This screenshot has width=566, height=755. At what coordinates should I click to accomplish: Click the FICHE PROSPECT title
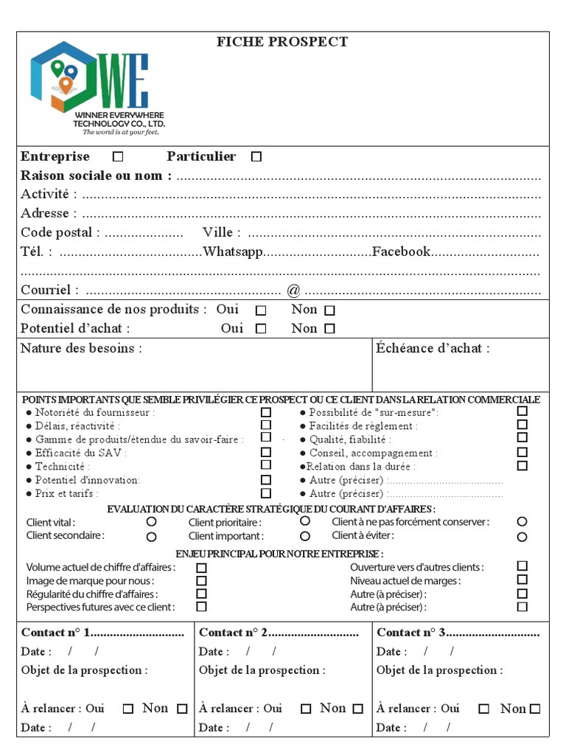pyautogui.click(x=282, y=42)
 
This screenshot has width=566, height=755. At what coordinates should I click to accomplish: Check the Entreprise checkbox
pyautogui.click(x=118, y=156)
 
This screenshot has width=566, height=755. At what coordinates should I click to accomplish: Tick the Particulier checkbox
pyautogui.click(x=256, y=156)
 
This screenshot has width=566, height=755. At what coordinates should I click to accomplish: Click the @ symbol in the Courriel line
pyautogui.click(x=293, y=290)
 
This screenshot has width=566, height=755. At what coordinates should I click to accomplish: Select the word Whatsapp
pyautogui.click(x=233, y=252)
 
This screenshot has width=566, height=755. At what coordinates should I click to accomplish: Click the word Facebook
pyautogui.click(x=401, y=252)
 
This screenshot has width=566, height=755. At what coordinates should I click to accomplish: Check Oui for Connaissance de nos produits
pyautogui.click(x=261, y=310)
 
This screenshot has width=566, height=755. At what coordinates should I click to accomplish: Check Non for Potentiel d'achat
pyautogui.click(x=329, y=329)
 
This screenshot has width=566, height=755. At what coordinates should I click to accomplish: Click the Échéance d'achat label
pyautogui.click(x=433, y=349)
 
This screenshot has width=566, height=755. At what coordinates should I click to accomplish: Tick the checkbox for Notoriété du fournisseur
pyautogui.click(x=266, y=413)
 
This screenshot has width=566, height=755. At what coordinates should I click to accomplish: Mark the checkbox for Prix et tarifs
pyautogui.click(x=266, y=493)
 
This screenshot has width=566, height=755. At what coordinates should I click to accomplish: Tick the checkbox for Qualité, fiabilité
pyautogui.click(x=523, y=439)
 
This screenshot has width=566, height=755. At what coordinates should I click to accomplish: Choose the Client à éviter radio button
pyautogui.click(x=523, y=537)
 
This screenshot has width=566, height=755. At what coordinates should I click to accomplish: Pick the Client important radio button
pyautogui.click(x=305, y=537)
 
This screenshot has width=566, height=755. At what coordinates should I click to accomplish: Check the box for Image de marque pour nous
pyautogui.click(x=201, y=581)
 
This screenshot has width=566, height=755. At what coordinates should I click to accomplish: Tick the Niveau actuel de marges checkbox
pyautogui.click(x=523, y=580)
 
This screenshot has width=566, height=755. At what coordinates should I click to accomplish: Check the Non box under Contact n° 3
pyautogui.click(x=535, y=709)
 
